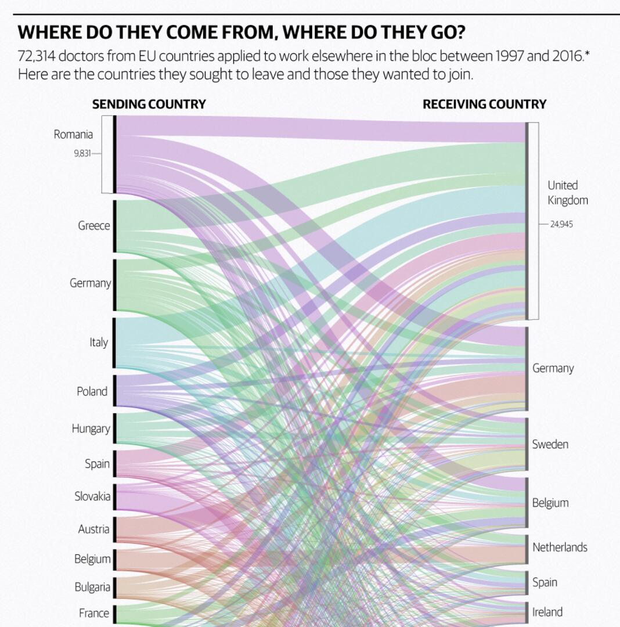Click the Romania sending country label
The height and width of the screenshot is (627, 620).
click(x=73, y=135)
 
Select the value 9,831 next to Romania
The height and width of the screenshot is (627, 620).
click(x=82, y=154)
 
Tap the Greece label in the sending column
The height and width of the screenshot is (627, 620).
click(x=94, y=226)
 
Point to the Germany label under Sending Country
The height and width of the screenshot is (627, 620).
click(x=90, y=283)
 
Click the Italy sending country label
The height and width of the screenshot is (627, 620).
click(x=99, y=343)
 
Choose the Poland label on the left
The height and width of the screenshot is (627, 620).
click(x=92, y=391)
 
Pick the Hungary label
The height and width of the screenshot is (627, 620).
click(x=91, y=429)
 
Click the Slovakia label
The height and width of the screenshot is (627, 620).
click(x=92, y=496)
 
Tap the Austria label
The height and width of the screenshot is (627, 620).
click(x=94, y=529)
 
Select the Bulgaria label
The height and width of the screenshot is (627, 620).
click(x=92, y=587)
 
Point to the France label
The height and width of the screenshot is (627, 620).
click(x=94, y=613)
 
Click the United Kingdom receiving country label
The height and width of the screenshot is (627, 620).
click(x=567, y=193)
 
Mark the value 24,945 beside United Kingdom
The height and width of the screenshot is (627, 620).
click(x=561, y=224)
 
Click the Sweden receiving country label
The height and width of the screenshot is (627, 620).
click(x=550, y=445)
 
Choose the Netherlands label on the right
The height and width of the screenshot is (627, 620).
click(x=560, y=547)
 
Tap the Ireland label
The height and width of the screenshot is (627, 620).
click(x=547, y=612)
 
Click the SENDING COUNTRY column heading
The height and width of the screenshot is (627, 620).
click(x=149, y=105)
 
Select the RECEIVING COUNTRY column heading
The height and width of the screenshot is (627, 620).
click(x=484, y=105)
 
